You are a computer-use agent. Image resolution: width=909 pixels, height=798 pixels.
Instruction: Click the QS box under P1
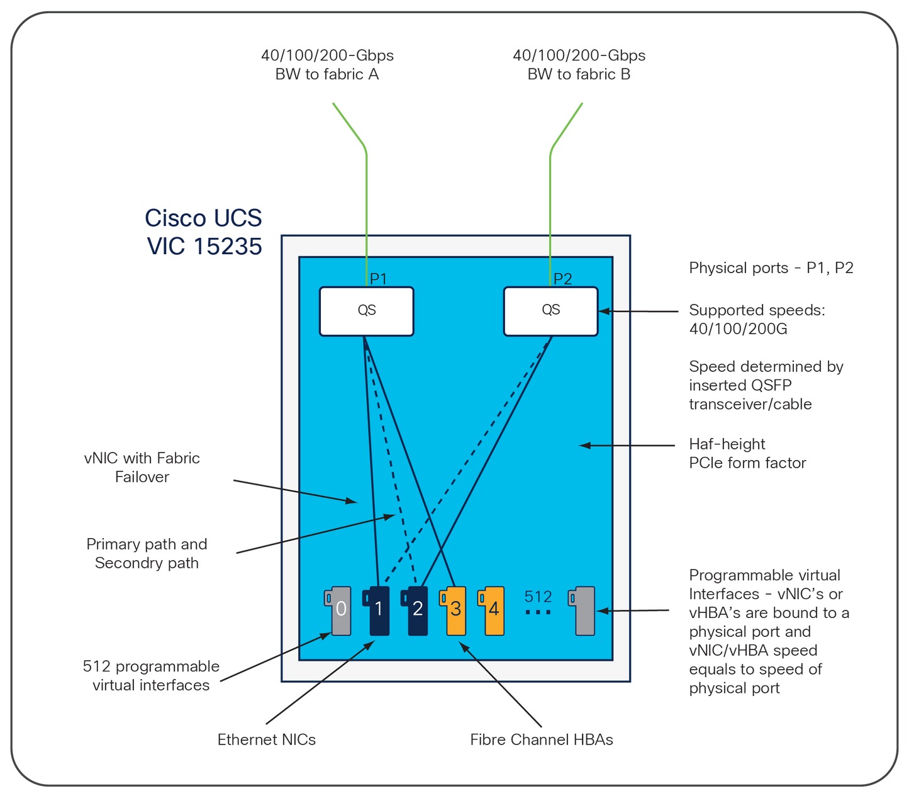coord(366,312)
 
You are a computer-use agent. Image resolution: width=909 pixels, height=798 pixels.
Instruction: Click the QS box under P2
coord(550,312)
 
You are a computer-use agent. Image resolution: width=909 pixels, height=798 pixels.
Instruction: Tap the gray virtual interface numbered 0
coord(338,611)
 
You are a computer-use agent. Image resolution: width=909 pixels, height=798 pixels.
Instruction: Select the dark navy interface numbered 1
coord(376,611)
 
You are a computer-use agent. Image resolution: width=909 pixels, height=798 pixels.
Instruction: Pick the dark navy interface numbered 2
coord(414,611)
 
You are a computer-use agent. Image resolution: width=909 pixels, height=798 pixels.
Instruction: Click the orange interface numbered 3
coord(452,611)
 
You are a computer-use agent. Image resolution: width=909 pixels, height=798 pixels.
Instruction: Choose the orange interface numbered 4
coord(491,611)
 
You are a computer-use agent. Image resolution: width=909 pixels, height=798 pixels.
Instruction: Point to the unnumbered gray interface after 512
coord(581,611)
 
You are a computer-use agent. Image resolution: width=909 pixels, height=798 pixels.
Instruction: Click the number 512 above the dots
coord(538,597)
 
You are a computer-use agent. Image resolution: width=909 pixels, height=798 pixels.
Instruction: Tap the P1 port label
coord(378,279)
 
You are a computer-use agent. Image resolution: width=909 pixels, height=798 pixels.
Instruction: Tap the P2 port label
coord(562,279)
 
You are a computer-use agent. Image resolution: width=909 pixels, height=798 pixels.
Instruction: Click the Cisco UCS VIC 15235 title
coord(204,232)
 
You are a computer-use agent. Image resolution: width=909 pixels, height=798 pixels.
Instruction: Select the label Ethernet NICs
coord(267,739)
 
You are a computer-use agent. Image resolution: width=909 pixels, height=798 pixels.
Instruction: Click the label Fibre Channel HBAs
coord(542,739)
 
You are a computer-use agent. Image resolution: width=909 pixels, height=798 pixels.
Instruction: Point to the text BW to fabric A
coord(327,74)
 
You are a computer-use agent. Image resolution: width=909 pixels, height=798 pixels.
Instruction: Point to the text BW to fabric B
coord(579,74)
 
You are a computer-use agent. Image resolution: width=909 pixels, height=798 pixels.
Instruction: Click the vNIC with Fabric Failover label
coord(142,467)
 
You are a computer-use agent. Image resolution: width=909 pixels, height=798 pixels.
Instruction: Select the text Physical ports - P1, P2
coord(771,268)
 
